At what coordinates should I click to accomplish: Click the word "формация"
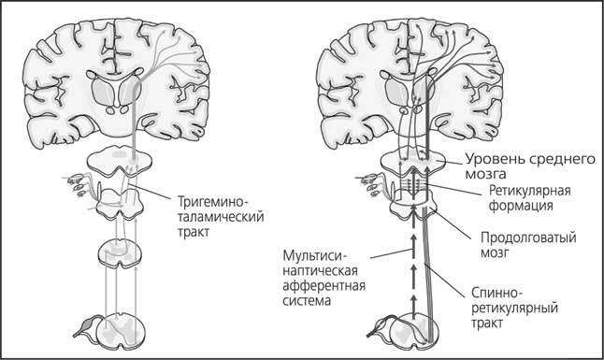(x=517, y=205)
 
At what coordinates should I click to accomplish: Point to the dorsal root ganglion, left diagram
(x=86, y=327)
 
